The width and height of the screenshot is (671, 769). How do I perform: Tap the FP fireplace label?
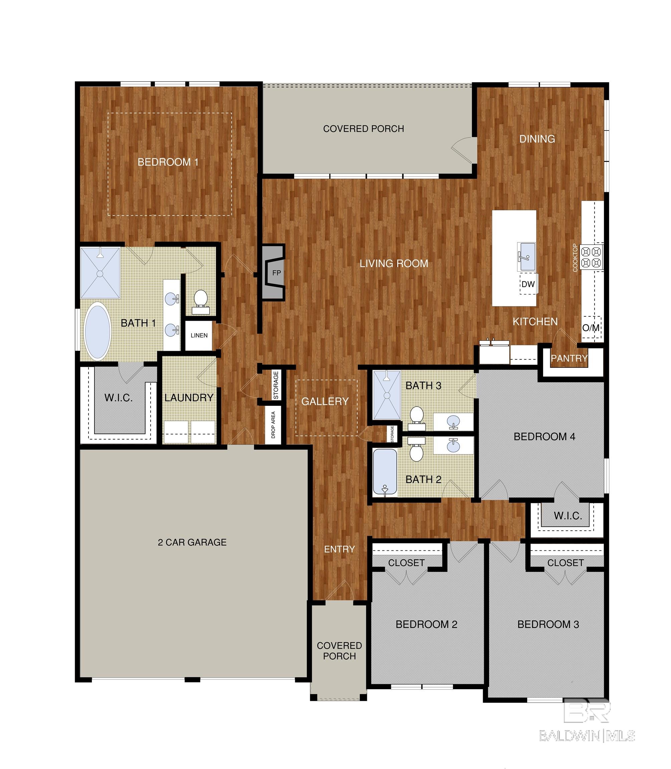click(x=276, y=273)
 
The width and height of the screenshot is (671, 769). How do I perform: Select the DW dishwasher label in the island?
click(x=528, y=284)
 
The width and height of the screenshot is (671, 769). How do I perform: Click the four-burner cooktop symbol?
click(x=591, y=257)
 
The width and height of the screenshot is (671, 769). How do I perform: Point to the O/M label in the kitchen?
click(x=591, y=328)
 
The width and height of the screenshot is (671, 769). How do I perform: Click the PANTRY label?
click(x=569, y=358)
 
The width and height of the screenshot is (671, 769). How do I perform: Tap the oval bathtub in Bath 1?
click(x=98, y=331)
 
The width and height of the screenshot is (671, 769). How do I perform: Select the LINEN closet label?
click(x=199, y=335)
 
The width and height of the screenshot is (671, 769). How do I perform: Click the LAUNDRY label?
click(x=189, y=398)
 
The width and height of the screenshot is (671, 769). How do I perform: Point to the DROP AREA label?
click(x=273, y=425)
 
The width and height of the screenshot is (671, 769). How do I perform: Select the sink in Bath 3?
click(x=453, y=421)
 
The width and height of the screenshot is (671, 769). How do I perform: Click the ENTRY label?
click(x=339, y=549)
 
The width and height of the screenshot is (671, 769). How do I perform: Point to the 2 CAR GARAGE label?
click(x=192, y=542)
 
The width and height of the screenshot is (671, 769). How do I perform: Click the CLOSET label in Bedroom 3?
click(x=566, y=563)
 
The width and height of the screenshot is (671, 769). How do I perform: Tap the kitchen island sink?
click(x=526, y=256)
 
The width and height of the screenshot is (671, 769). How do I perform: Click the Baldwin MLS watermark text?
click(x=587, y=736)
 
